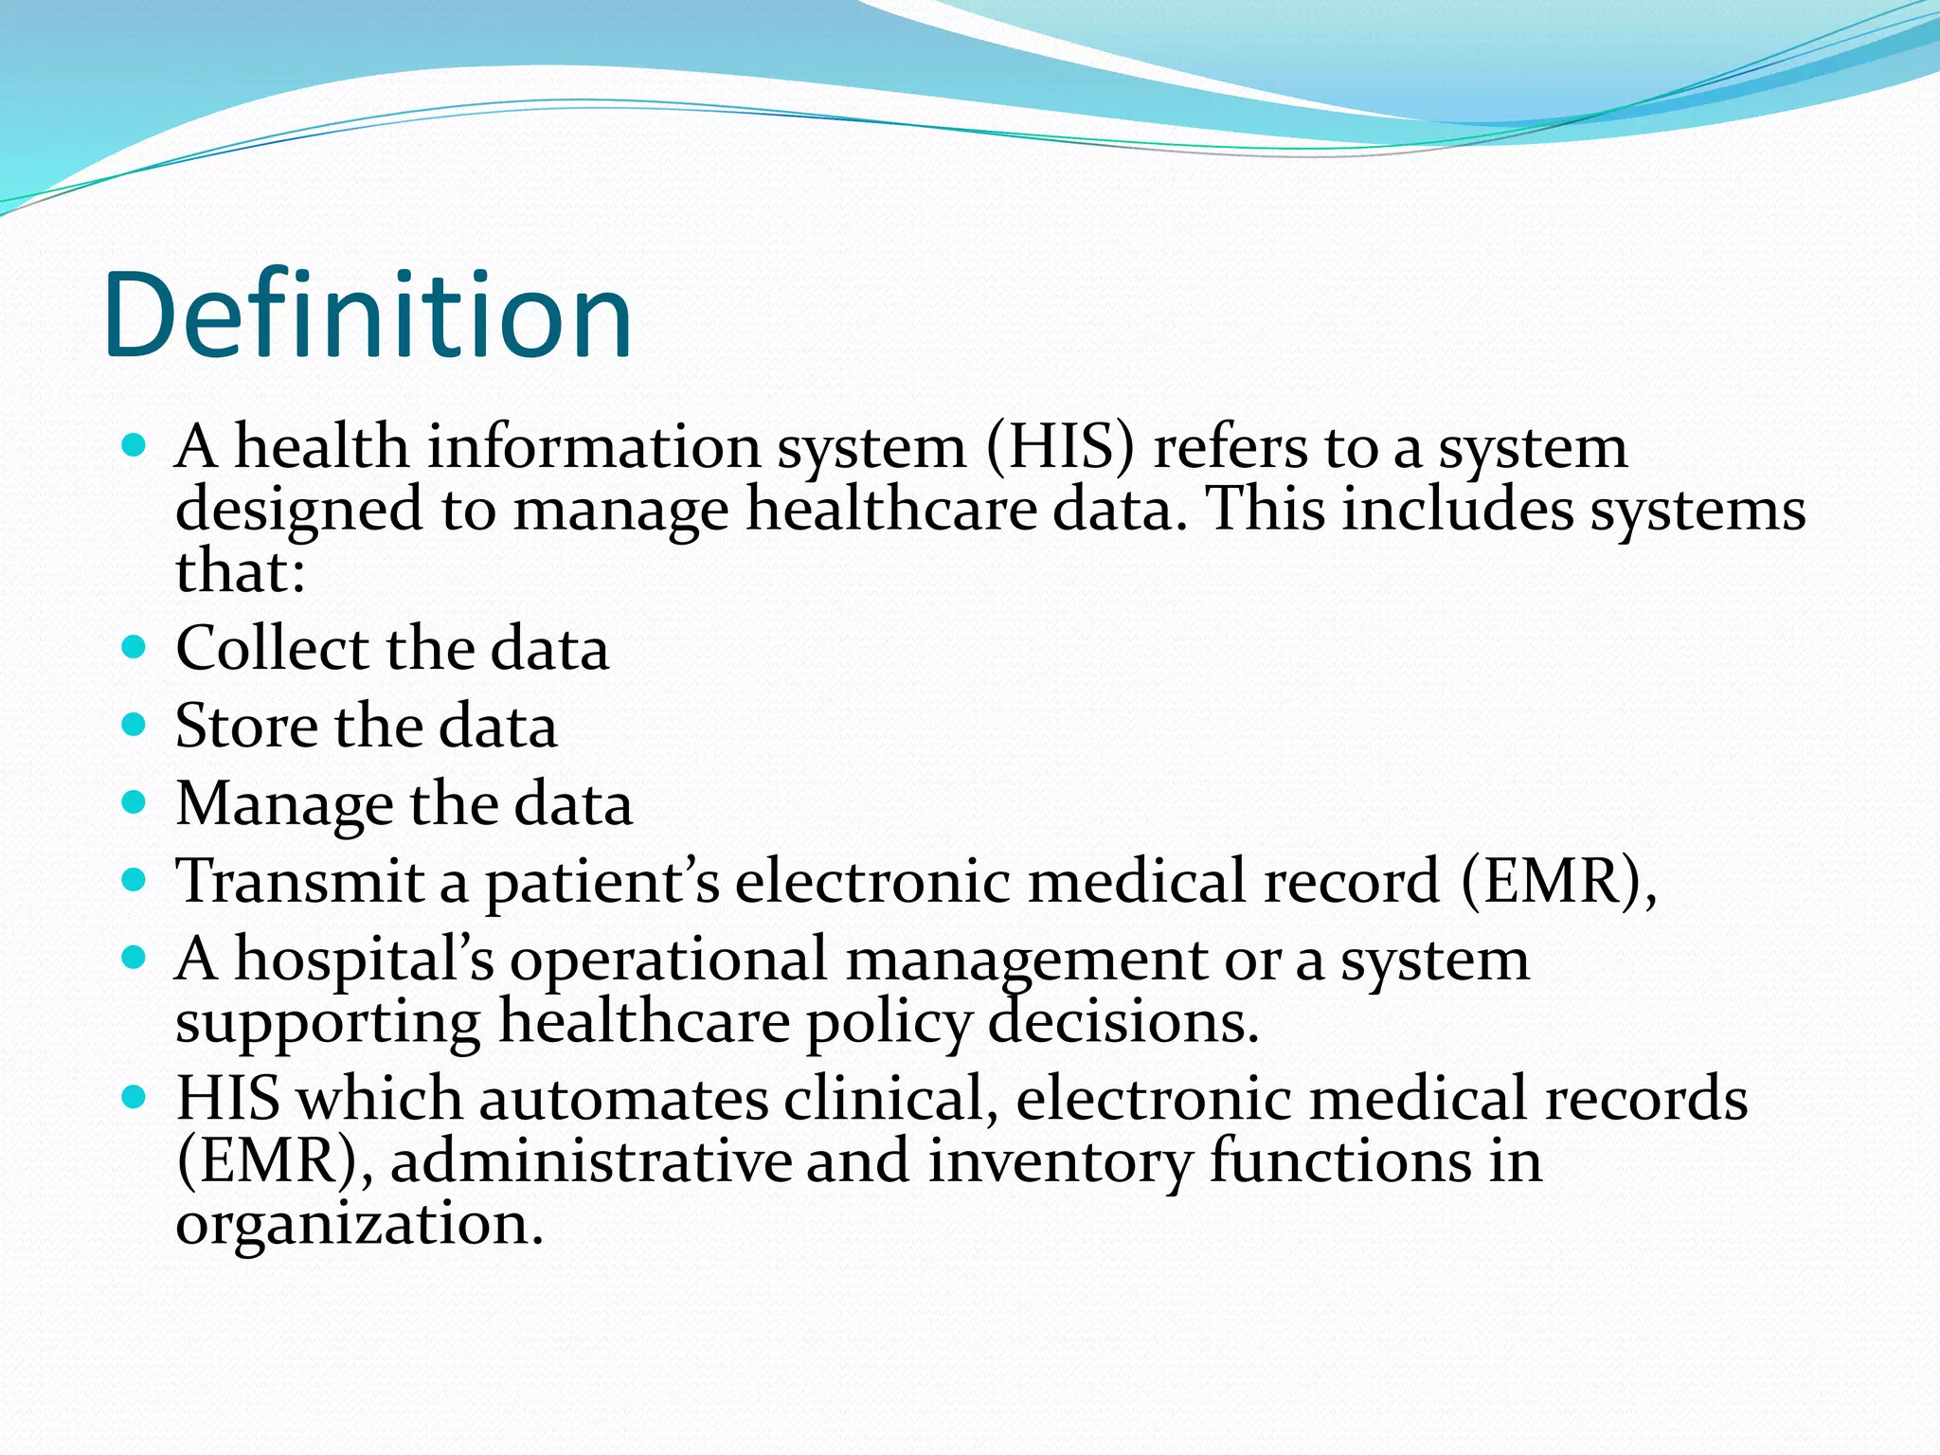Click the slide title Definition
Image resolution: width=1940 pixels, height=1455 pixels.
point(368,315)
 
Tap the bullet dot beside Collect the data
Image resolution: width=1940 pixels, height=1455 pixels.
point(135,648)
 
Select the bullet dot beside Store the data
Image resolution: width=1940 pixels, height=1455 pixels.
point(135,726)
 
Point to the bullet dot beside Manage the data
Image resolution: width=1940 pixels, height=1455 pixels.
point(135,803)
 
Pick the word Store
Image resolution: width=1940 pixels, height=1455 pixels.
point(246,727)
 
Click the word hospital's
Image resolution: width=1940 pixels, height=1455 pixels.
point(364,961)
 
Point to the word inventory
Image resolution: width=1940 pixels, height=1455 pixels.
point(1059,1162)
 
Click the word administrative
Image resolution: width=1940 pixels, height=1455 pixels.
point(591,1162)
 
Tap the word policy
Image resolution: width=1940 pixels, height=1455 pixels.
point(889,1024)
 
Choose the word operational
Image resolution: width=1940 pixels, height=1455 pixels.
point(669,961)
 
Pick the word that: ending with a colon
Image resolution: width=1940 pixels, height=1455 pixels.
point(241,572)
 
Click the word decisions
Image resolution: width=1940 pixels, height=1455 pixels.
point(1123,1023)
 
